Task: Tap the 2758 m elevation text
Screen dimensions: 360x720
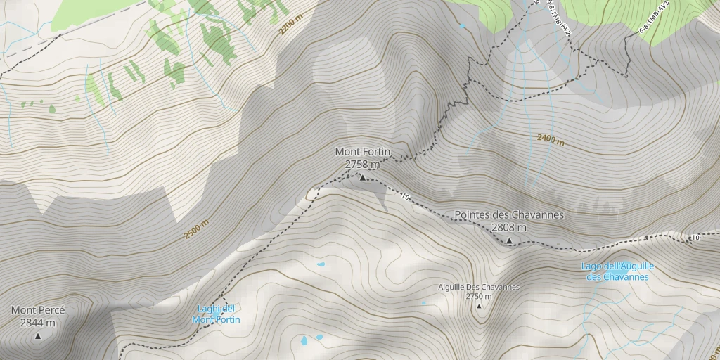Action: click(x=362, y=165)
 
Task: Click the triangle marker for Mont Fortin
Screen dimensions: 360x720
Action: click(x=363, y=178)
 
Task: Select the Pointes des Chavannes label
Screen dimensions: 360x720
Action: click(x=509, y=214)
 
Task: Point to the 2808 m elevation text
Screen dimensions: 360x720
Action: click(x=509, y=228)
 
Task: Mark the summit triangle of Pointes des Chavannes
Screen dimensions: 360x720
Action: click(x=509, y=241)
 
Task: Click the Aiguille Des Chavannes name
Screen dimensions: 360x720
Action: click(x=478, y=287)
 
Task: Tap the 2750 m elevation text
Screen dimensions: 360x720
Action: click(x=478, y=296)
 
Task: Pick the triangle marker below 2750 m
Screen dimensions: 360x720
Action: click(x=480, y=307)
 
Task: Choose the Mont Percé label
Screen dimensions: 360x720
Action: click(x=38, y=310)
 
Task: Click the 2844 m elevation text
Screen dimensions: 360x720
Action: click(x=38, y=323)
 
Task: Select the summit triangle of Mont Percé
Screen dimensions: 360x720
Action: click(x=38, y=336)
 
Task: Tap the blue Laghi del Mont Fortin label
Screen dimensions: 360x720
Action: click(x=216, y=314)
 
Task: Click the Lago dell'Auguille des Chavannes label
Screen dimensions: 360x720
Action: click(x=618, y=271)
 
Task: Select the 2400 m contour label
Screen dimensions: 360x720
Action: click(x=551, y=139)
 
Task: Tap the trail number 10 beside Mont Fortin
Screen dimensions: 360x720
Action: click(x=406, y=196)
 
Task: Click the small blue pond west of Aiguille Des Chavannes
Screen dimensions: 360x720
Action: click(x=321, y=264)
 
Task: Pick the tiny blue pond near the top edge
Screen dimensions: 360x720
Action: click(x=462, y=27)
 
